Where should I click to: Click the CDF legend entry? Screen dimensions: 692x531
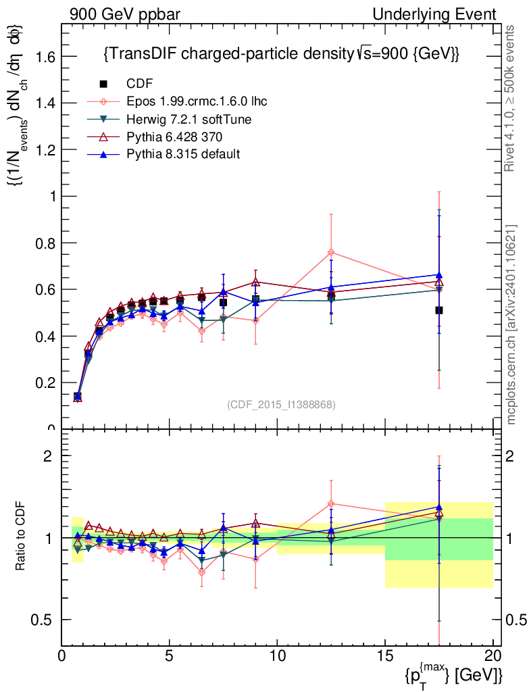[x=140, y=84]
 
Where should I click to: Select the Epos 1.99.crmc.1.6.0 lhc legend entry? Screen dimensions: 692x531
[x=196, y=101]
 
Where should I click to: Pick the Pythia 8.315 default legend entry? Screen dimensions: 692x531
[x=183, y=154]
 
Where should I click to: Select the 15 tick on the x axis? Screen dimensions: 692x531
[x=385, y=656]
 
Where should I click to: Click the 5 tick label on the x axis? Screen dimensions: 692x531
[x=170, y=656]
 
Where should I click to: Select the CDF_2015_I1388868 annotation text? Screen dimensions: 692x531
[x=281, y=404]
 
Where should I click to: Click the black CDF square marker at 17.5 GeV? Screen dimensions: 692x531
[x=439, y=310]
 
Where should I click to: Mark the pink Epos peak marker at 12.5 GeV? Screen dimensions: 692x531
[x=331, y=253]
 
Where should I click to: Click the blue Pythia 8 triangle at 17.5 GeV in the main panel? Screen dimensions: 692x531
[x=439, y=274]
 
